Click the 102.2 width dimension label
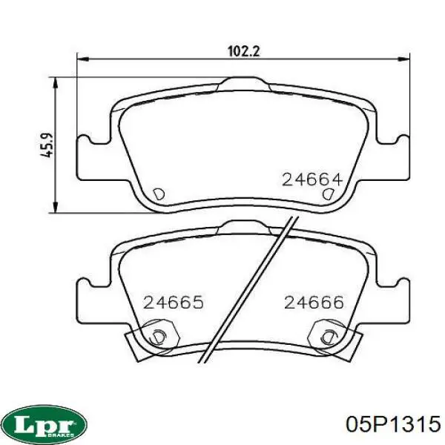(x=244, y=52)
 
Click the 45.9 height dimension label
(x=47, y=145)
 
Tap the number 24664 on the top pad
(x=312, y=179)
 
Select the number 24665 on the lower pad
(x=174, y=303)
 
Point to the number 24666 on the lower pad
(x=314, y=303)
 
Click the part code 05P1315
(x=393, y=424)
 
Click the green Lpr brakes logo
(x=46, y=425)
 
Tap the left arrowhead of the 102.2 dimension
(x=83, y=59)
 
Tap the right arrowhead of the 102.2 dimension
(x=404, y=59)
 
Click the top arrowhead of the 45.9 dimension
(x=56, y=83)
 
